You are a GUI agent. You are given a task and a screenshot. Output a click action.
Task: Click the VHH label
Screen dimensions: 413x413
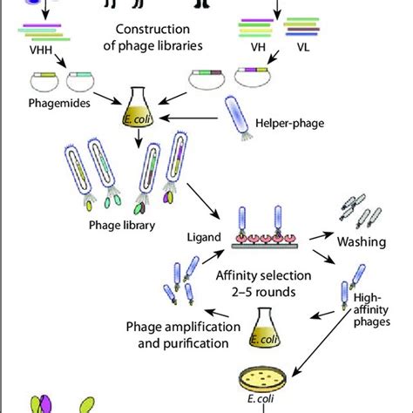[x=41, y=50]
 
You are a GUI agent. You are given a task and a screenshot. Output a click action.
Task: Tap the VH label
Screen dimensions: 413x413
[x=258, y=47]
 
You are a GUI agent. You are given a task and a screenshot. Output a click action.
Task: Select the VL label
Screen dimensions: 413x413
[x=303, y=47]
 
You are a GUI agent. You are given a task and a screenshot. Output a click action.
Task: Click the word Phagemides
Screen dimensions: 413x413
[x=59, y=104]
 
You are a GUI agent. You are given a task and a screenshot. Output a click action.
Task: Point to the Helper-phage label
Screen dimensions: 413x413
[x=289, y=123]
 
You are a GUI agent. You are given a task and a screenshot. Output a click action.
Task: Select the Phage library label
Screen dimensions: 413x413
[x=122, y=226]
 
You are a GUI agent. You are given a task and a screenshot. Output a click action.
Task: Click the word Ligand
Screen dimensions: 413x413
[x=204, y=237]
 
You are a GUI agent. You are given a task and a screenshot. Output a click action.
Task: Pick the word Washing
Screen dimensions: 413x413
[x=362, y=241]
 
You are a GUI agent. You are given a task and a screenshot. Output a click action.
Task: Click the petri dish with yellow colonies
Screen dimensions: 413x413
[x=262, y=378]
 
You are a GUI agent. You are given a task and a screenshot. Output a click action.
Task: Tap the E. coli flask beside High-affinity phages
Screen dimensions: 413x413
[x=264, y=328]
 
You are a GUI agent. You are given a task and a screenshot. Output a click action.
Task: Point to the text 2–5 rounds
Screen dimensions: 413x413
[x=264, y=292]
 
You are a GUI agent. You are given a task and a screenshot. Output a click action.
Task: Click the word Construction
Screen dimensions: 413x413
[x=152, y=30]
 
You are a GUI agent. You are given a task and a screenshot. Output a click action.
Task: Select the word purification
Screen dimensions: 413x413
[x=196, y=344]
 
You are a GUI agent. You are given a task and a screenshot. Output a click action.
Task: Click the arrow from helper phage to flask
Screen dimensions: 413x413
[x=188, y=118]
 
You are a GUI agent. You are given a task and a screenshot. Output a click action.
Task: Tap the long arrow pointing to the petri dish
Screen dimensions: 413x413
[x=321, y=342]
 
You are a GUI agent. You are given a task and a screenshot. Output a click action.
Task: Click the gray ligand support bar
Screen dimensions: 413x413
[x=265, y=247]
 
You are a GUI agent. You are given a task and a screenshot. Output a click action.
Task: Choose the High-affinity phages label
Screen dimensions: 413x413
[x=371, y=310]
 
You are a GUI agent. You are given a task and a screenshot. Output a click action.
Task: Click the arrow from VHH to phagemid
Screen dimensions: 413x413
[x=60, y=60]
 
